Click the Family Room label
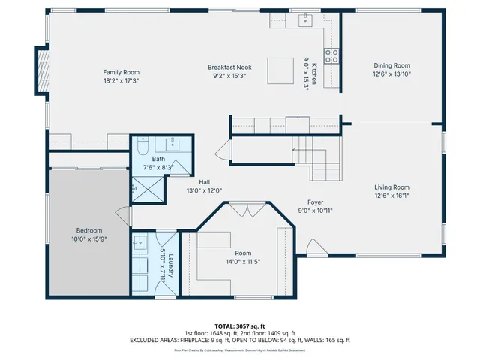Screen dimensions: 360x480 coord(121,72)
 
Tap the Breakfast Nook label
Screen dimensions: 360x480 coord(229,67)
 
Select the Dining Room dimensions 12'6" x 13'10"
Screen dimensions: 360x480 coord(391,73)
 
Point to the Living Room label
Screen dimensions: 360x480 coord(391,187)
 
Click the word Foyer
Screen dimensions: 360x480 coord(316,202)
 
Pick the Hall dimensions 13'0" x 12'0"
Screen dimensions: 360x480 coord(204,190)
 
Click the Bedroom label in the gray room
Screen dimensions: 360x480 coord(88,230)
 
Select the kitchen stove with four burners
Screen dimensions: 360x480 coord(331,55)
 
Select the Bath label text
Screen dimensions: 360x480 coord(158,160)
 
